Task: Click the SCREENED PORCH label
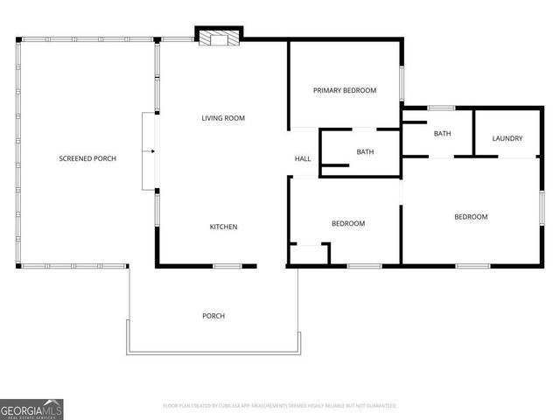point(87,158)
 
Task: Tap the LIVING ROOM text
point(223,118)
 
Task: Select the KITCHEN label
point(223,227)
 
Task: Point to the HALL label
point(303,158)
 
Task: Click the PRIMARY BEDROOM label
point(345,90)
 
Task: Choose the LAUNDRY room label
point(507,138)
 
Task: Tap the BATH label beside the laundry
point(442,134)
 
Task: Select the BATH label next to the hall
point(365,152)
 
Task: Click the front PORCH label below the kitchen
point(213,316)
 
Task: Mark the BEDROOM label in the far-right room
point(471,217)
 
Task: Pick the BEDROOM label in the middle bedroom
point(348,224)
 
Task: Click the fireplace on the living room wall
point(217,38)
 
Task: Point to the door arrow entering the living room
point(152,151)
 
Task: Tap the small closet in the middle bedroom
point(309,254)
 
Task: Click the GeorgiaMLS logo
point(31,409)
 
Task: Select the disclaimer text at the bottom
point(280,406)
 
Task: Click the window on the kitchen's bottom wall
point(227,265)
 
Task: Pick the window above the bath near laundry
point(441,107)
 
